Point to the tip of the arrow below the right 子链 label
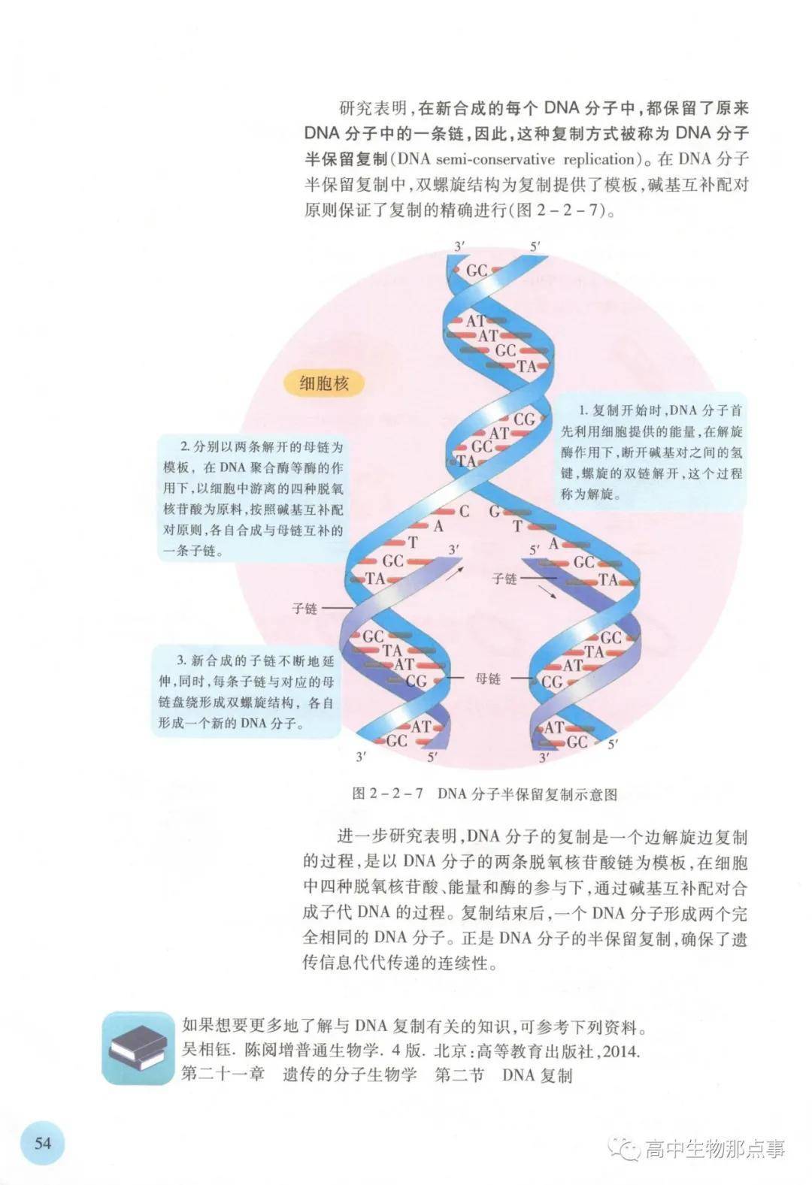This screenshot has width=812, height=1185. [558, 600]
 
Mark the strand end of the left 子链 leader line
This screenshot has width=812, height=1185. [353, 609]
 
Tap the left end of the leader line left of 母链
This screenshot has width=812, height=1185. [446, 679]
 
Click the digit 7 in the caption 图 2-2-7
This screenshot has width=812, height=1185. [419, 794]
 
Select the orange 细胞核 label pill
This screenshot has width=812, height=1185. [324, 383]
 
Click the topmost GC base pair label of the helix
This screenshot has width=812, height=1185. [477, 271]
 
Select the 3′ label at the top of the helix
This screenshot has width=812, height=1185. [459, 246]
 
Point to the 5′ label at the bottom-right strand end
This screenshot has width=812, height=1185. [613, 745]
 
